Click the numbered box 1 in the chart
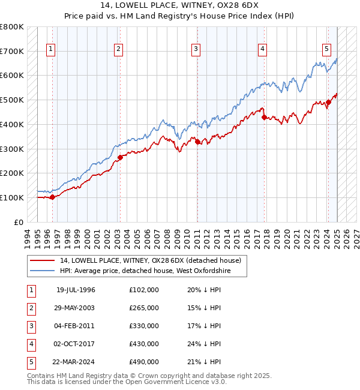click(x=50, y=49)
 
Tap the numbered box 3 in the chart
click(x=196, y=49)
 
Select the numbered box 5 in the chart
click(x=326, y=49)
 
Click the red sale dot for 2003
click(x=120, y=158)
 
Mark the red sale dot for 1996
click(x=52, y=197)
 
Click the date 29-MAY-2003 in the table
click(x=76, y=308)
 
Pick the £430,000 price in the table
click(x=144, y=344)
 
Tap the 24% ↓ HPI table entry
click(x=203, y=344)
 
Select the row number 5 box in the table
click(x=31, y=362)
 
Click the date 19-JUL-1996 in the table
click(x=76, y=290)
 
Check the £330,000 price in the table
click(x=144, y=326)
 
